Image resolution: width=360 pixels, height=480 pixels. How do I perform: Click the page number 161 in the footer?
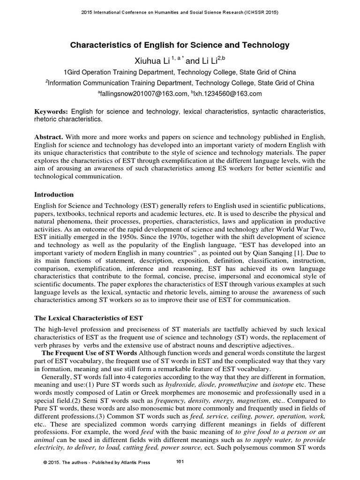179,462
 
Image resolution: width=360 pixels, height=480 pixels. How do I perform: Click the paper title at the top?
180,45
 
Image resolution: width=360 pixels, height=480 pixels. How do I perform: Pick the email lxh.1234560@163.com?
227,94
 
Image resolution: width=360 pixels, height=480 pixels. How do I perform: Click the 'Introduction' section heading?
54,194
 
